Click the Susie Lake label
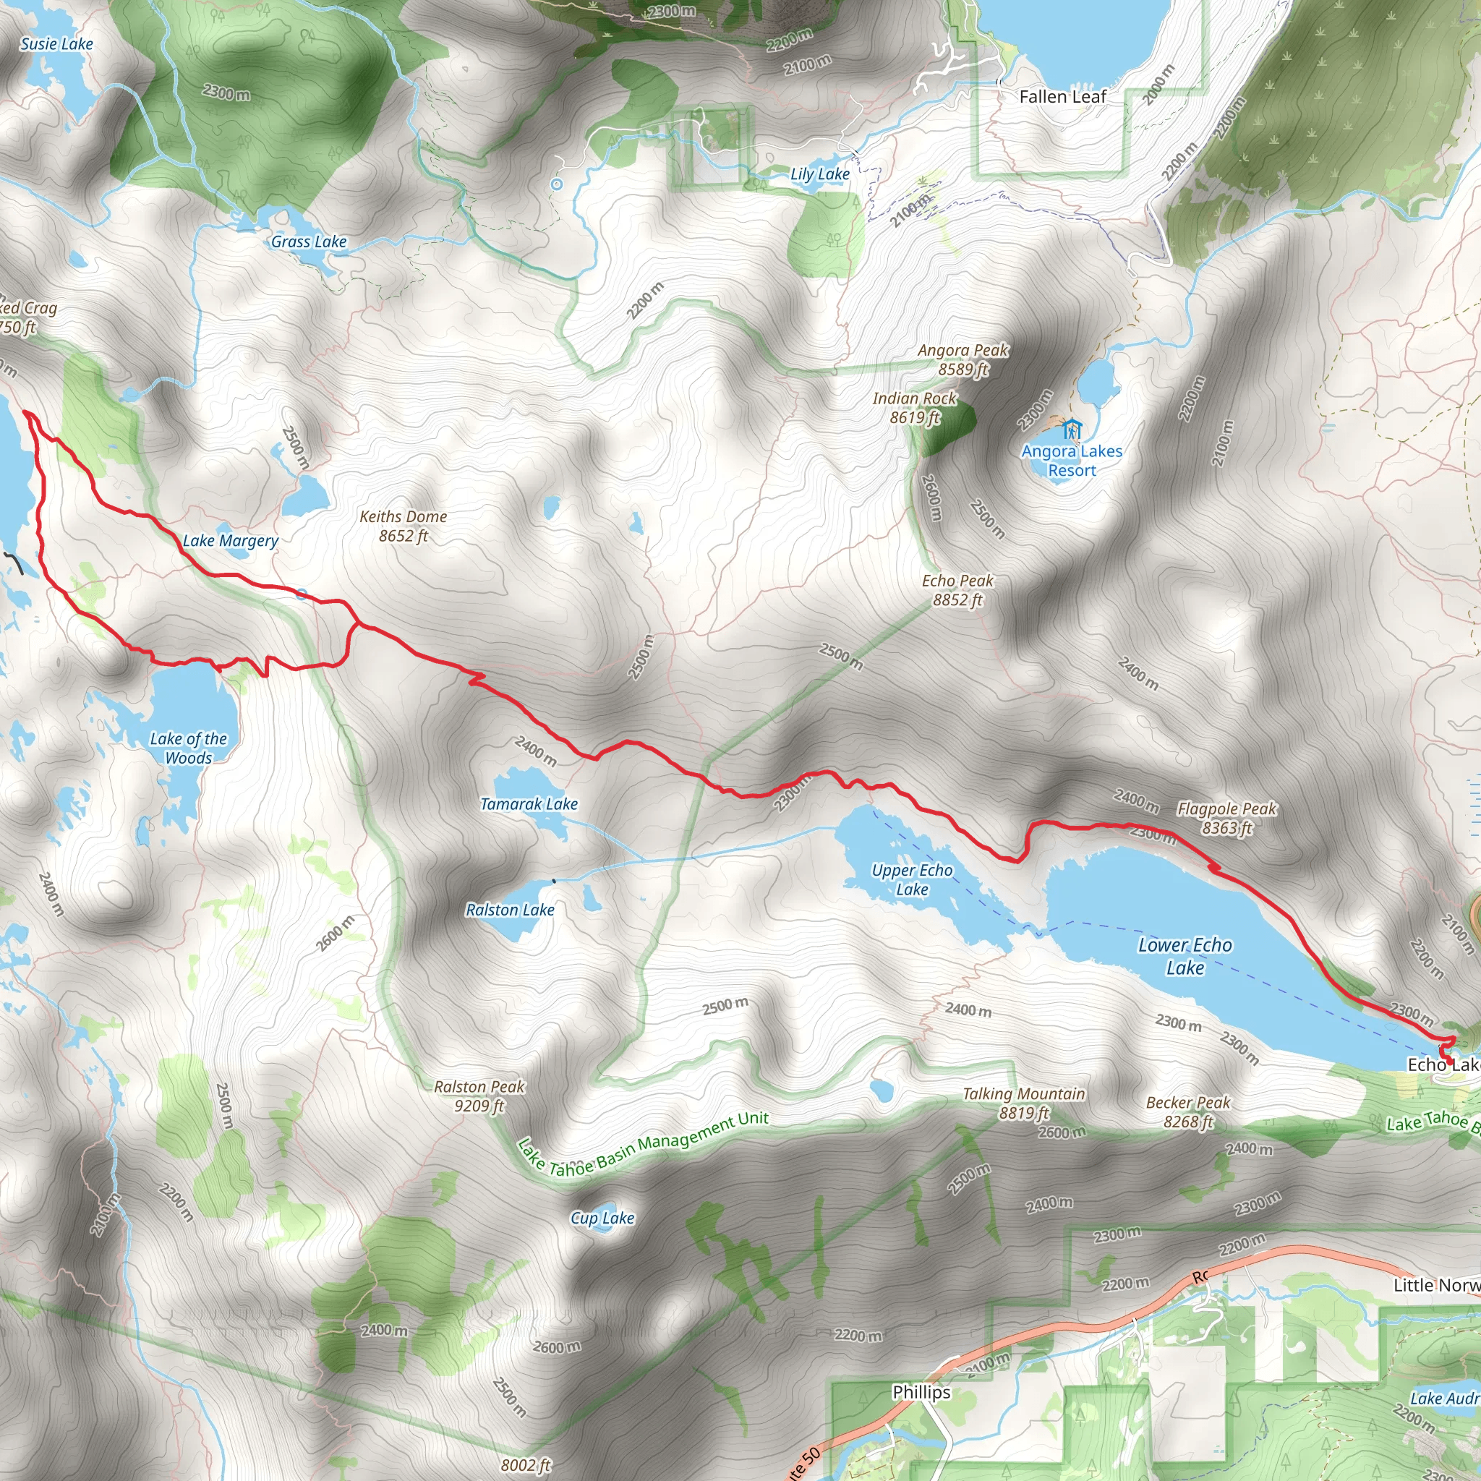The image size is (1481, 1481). tap(56, 43)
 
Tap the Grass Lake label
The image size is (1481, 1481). tap(309, 242)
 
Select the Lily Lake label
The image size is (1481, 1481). tap(820, 174)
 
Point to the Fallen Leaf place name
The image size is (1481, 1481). tap(1062, 97)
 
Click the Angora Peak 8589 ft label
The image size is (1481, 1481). tap(963, 359)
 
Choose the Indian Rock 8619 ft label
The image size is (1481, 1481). tap(915, 408)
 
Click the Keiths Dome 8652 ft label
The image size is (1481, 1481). tap(404, 526)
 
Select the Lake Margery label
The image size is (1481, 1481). tap(230, 540)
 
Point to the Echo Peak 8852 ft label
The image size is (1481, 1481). tap(957, 590)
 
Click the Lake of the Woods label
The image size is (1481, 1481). tap(189, 748)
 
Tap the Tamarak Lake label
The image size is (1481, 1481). tap(529, 804)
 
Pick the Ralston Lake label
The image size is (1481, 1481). tap(510, 910)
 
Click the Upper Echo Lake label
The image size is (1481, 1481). tap(912, 879)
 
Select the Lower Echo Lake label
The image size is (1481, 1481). tap(1185, 956)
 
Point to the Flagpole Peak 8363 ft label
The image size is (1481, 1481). tap(1226, 818)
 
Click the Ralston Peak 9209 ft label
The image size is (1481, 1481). tap(479, 1096)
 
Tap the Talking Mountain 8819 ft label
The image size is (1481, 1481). tap(1024, 1103)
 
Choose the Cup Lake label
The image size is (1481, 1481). tap(602, 1218)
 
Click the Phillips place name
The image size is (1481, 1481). tap(921, 1391)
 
